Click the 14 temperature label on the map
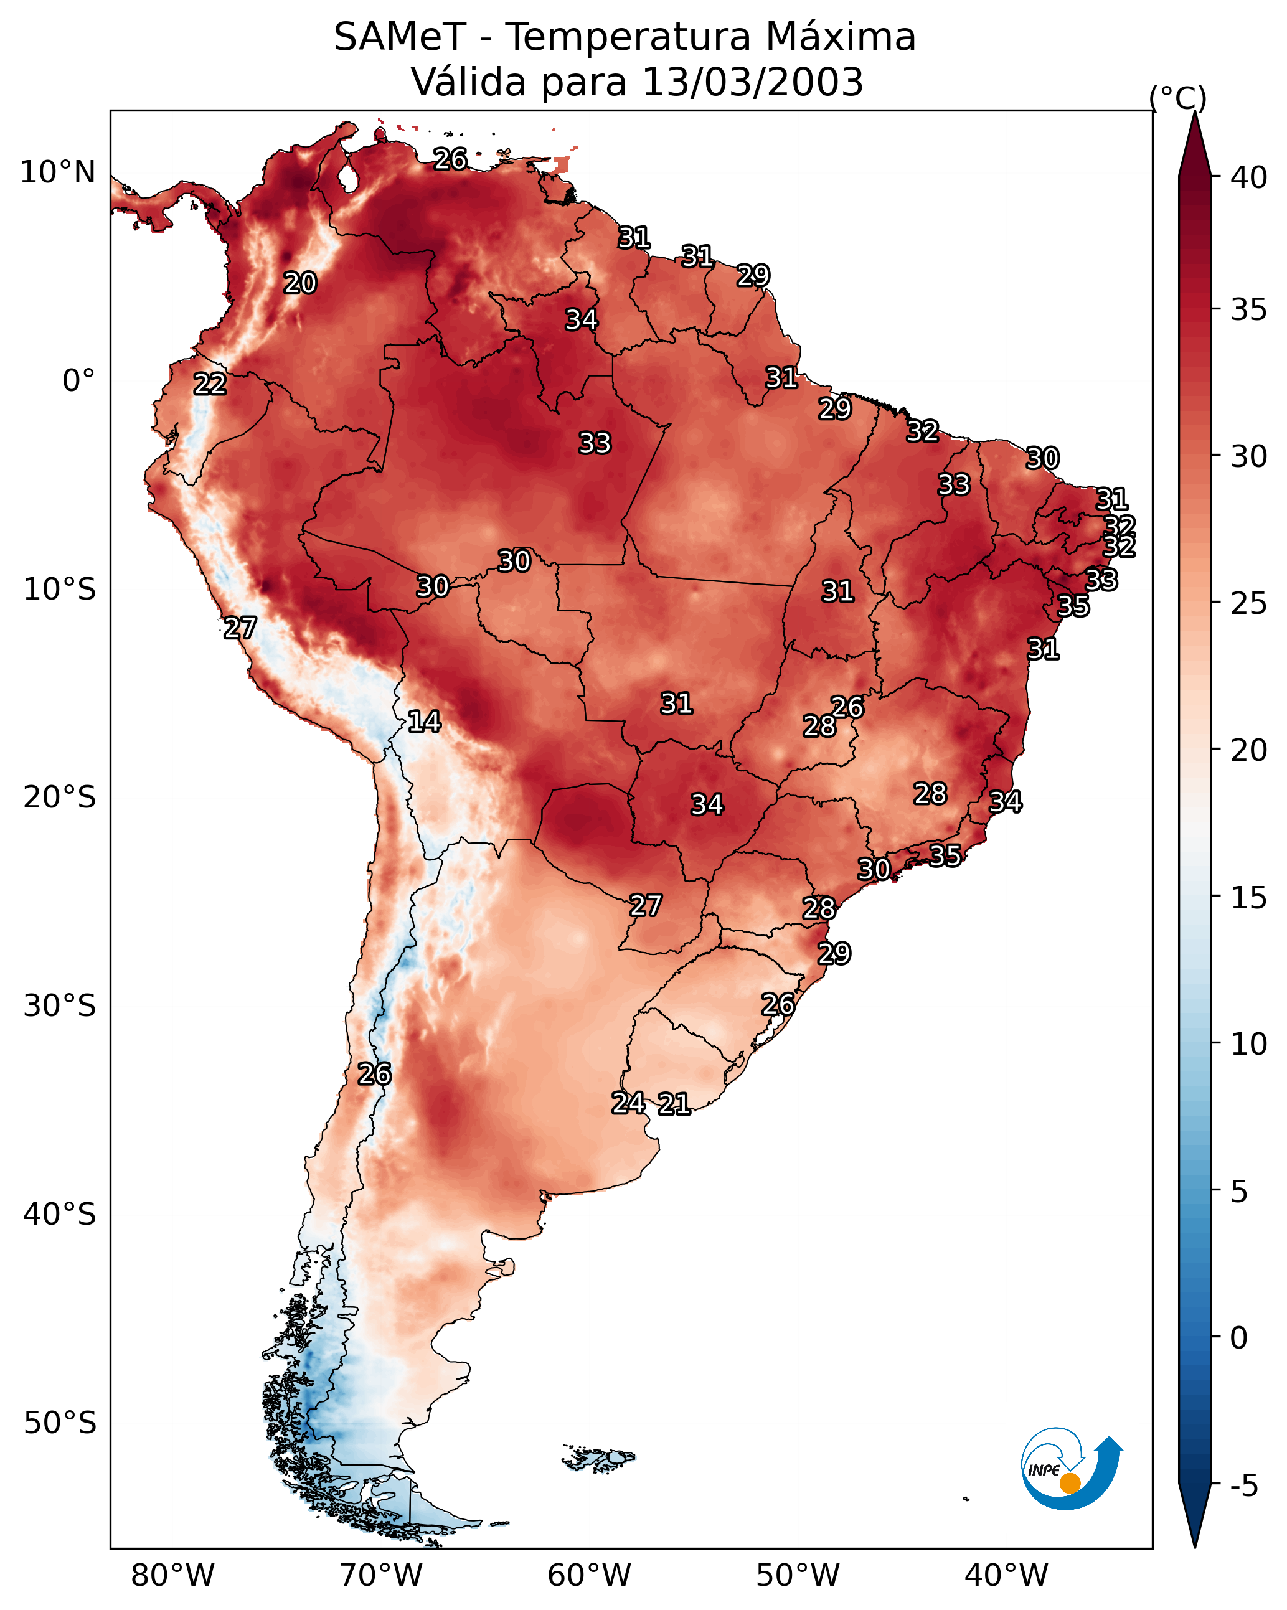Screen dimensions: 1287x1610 point(424,722)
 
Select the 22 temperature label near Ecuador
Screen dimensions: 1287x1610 point(210,384)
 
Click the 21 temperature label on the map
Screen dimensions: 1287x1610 point(674,1104)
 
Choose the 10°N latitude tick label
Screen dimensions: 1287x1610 point(57,172)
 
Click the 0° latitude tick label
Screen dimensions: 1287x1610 point(78,381)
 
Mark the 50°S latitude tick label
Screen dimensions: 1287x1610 point(60,1423)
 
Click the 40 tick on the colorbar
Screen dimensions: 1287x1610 point(1249,177)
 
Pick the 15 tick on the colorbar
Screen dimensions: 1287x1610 point(1249,898)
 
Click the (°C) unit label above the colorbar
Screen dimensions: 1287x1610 point(1177,98)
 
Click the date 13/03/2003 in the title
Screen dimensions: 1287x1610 point(752,82)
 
